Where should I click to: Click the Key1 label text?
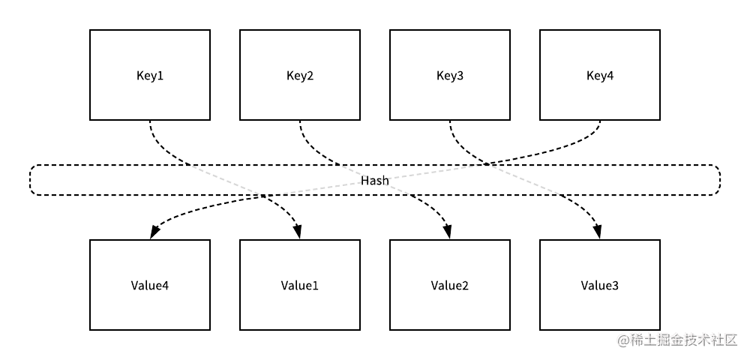point(150,76)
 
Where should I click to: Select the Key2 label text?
point(300,76)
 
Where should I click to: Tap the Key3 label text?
point(450,76)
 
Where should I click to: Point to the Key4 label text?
point(600,76)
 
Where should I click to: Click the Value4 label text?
point(150,286)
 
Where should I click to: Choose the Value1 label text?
point(300,286)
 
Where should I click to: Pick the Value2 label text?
point(450,286)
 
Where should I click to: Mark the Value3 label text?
point(600,286)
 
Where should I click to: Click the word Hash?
point(375,181)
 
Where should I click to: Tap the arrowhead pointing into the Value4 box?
point(152,233)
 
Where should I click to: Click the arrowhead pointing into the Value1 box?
point(299,233)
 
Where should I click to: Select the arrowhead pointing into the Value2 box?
point(449,233)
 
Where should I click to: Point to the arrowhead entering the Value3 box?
point(599,233)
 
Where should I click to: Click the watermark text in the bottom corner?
point(678,340)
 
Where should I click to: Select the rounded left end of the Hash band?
point(31,180)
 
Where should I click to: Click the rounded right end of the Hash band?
point(718,180)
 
